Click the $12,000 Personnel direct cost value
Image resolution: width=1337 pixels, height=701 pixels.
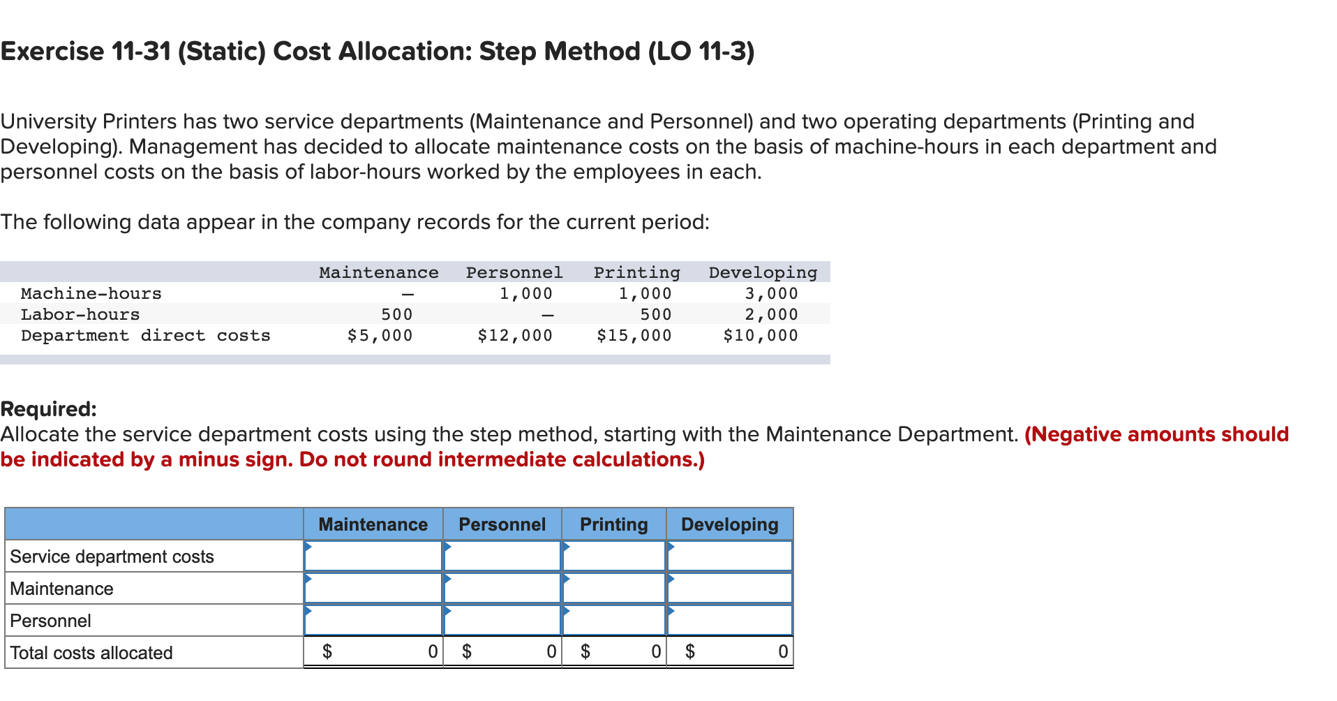515,336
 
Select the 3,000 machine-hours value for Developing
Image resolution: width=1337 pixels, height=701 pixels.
771,294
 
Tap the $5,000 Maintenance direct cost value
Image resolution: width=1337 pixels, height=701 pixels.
380,336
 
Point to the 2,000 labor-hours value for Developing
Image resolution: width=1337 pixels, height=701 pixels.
771,315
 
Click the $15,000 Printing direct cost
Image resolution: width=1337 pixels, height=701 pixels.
634,336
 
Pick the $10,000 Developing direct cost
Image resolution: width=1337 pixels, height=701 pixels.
761,336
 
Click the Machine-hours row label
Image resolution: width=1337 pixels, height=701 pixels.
91,294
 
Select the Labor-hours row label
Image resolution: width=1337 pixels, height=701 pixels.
80,315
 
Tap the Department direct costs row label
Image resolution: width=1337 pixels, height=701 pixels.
145,336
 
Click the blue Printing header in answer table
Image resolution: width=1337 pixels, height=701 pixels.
613,524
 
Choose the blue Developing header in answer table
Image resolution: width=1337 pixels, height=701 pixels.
729,524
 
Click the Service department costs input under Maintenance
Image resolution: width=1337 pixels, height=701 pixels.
373,556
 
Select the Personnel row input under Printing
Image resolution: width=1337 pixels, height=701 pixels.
613,621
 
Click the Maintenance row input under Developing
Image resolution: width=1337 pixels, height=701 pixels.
729,589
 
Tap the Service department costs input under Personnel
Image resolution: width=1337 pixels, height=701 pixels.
502,556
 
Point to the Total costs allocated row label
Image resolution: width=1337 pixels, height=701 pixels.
91,653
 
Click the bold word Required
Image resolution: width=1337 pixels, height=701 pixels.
48,409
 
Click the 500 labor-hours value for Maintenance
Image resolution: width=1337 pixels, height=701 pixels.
397,315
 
